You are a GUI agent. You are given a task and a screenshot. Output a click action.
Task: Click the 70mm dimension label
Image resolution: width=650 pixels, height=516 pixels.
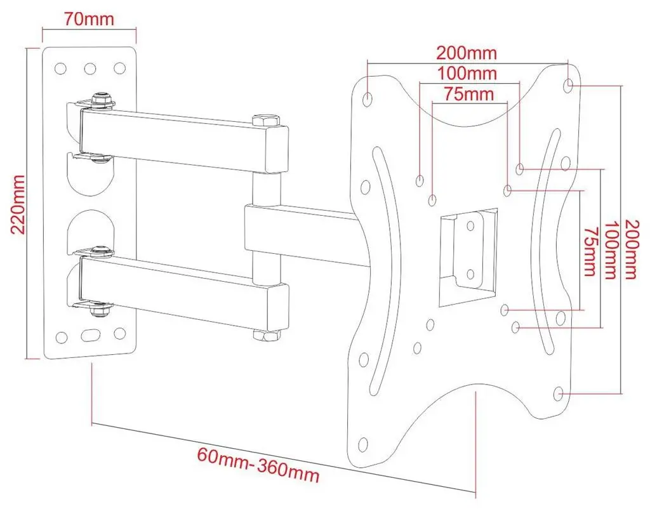pyautogui.click(x=88, y=18)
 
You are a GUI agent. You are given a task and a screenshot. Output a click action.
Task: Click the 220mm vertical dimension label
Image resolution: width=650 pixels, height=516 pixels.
pyautogui.click(x=18, y=204)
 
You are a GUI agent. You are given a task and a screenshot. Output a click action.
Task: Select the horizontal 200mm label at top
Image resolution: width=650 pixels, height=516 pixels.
pyautogui.click(x=467, y=52)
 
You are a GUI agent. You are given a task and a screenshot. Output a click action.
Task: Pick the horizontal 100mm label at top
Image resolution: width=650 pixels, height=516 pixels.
pyautogui.click(x=467, y=72)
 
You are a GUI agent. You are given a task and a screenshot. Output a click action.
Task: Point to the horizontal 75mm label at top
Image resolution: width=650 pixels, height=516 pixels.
pyautogui.click(x=468, y=94)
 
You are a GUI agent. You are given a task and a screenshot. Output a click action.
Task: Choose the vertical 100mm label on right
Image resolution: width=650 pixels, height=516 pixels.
pyautogui.click(x=611, y=249)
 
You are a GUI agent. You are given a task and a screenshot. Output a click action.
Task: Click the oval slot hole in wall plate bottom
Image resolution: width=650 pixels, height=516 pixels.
pyautogui.click(x=90, y=333)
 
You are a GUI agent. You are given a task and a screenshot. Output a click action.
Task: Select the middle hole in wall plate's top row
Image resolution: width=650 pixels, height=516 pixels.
pyautogui.click(x=90, y=67)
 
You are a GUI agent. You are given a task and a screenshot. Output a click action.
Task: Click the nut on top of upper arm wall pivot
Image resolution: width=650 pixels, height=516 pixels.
pyautogui.click(x=100, y=99)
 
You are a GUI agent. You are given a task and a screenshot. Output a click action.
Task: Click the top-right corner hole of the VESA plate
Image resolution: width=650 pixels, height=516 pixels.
pyautogui.click(x=569, y=84)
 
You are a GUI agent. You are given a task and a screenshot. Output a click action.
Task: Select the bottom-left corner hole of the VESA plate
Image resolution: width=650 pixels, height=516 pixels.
pyautogui.click(x=363, y=444)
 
